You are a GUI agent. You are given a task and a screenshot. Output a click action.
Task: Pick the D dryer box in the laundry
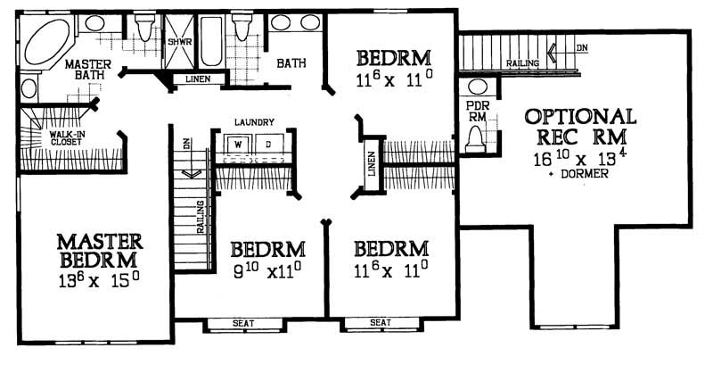coord(268,143)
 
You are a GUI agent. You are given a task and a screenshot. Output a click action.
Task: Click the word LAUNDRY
coord(254,121)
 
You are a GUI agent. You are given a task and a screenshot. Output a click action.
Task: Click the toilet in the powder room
coord(475,137)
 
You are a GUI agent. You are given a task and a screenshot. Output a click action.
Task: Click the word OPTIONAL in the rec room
coord(580,117)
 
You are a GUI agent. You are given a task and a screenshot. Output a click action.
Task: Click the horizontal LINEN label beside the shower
coord(198,79)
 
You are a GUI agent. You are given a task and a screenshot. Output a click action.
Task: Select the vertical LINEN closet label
coord(372,163)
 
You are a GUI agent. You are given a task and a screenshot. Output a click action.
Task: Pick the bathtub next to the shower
coord(210,41)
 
